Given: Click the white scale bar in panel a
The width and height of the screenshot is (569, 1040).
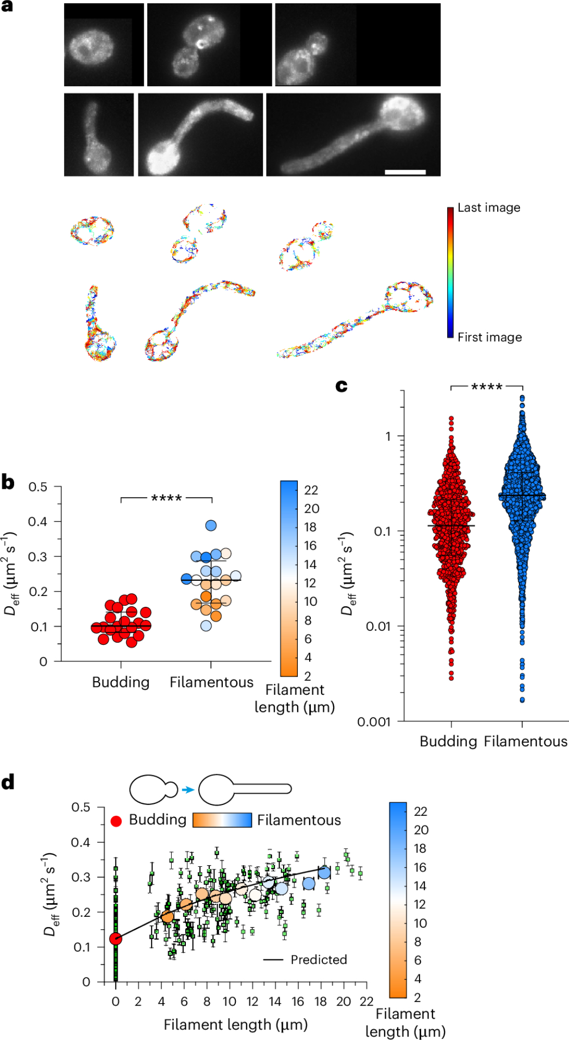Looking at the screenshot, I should (405, 172).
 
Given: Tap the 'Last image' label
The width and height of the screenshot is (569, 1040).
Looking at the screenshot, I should (489, 208).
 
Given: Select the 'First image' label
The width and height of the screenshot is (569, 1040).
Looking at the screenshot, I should (489, 337).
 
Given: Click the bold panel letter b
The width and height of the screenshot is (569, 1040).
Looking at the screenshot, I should (8, 482).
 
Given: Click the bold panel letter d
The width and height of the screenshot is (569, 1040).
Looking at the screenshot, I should (8, 782).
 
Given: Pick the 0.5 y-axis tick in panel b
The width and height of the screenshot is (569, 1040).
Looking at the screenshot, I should (37, 487).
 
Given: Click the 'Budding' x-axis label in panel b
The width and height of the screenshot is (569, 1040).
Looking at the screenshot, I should (121, 682).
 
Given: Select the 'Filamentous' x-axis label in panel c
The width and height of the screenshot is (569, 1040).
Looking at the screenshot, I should (526, 742).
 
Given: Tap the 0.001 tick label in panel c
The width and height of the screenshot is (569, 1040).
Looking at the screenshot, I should (373, 722).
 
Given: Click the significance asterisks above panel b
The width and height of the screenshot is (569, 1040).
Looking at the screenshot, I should (167, 498).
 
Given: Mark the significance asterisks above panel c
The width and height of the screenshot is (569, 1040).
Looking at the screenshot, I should (487, 387).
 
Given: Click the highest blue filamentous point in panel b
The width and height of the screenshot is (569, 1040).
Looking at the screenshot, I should (211, 526).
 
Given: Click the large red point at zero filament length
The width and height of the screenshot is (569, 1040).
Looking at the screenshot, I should (116, 939).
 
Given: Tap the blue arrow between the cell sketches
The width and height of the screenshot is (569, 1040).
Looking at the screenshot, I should (188, 790).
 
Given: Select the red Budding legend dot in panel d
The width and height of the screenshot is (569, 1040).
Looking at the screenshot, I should (116, 821).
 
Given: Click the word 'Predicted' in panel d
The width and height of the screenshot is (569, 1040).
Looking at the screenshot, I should (319, 959).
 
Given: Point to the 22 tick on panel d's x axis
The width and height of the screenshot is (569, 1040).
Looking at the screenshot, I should (366, 1002).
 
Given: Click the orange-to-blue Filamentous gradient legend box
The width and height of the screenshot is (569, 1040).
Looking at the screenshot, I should (222, 820).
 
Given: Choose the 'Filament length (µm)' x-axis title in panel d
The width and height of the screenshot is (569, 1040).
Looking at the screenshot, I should (235, 1025).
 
